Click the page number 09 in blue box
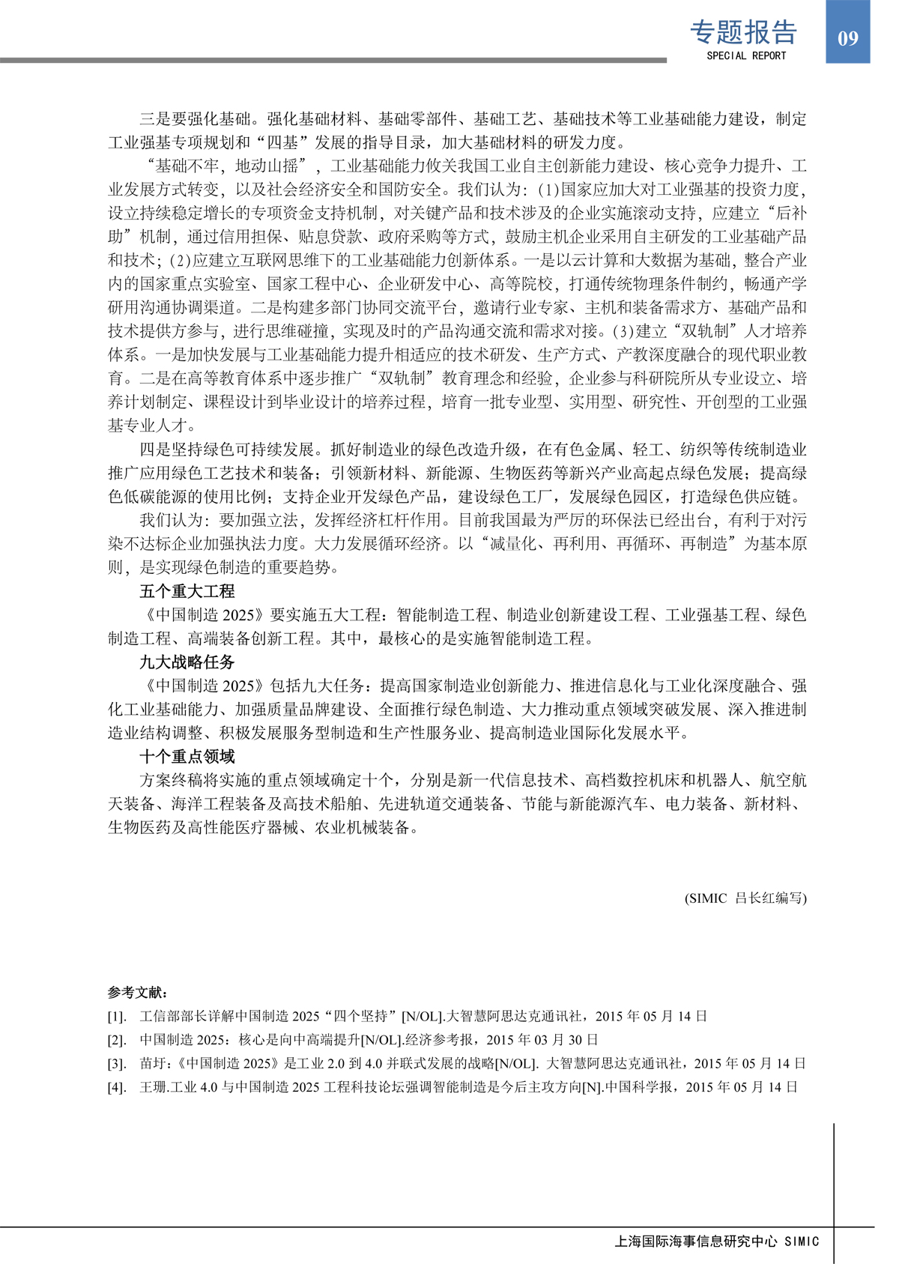(x=847, y=38)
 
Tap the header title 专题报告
(x=743, y=31)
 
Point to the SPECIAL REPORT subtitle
(x=746, y=55)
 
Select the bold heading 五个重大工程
(x=187, y=591)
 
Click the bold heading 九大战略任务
(x=187, y=662)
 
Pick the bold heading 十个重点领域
(x=187, y=756)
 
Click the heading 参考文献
(x=138, y=992)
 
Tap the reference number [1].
(x=117, y=1017)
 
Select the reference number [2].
(x=117, y=1040)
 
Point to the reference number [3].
(x=117, y=1063)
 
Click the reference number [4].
(x=117, y=1087)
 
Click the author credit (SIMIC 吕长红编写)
(x=745, y=898)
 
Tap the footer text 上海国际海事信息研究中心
(x=696, y=1242)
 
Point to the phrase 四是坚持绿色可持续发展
(x=227, y=450)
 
